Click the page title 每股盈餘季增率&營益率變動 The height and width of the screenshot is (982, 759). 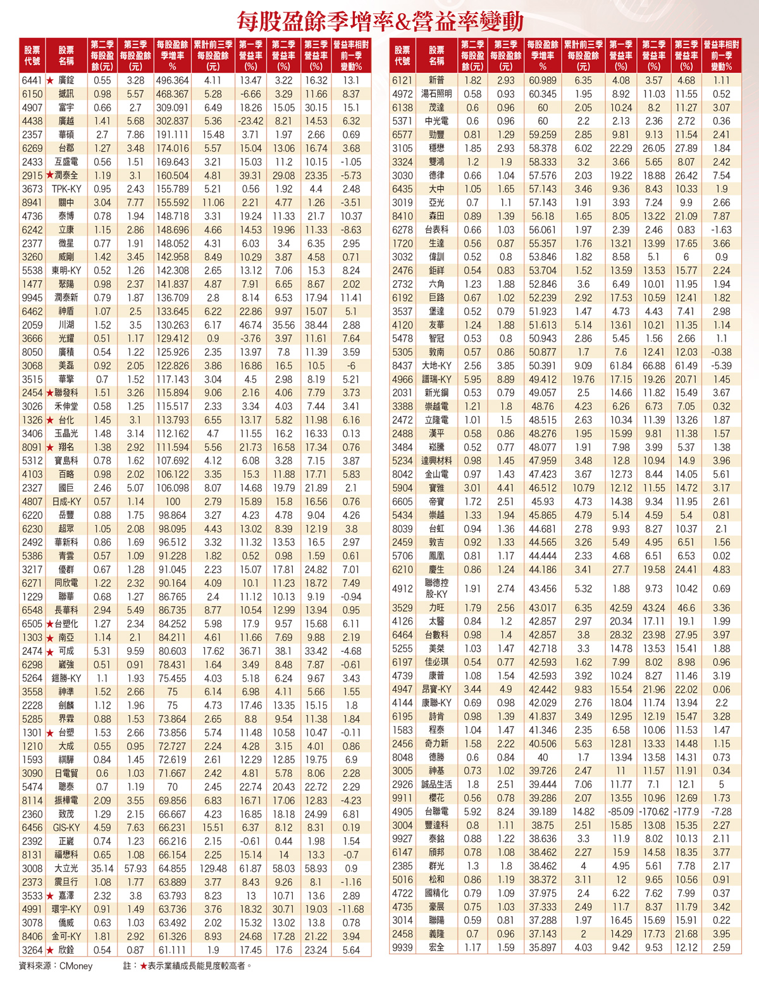click(x=380, y=22)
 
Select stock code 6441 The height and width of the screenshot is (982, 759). click(x=32, y=80)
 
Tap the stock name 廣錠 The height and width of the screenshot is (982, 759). click(x=66, y=80)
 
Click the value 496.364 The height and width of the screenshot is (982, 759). click(x=172, y=80)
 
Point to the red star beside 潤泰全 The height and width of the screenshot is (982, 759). click(x=49, y=175)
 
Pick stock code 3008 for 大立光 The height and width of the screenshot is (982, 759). click(x=32, y=868)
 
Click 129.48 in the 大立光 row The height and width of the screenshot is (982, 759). click(x=213, y=868)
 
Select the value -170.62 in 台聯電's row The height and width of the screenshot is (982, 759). click(x=653, y=811)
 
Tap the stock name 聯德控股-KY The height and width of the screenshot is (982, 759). click(x=436, y=588)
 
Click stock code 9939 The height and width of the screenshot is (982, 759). click(x=402, y=947)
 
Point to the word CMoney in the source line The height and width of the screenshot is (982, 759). click(x=75, y=966)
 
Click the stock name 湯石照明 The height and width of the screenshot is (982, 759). click(x=436, y=94)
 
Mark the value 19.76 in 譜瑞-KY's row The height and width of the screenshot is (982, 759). click(x=583, y=379)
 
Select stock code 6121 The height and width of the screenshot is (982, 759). click(x=402, y=80)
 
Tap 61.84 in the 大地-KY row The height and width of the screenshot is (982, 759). click(x=620, y=366)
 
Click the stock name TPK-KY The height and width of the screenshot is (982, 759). click(x=66, y=189)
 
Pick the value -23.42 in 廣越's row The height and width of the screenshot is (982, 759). click(x=250, y=121)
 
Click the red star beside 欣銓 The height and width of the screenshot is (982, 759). click(x=49, y=950)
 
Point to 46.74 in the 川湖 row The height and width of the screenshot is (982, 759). click(x=250, y=325)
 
